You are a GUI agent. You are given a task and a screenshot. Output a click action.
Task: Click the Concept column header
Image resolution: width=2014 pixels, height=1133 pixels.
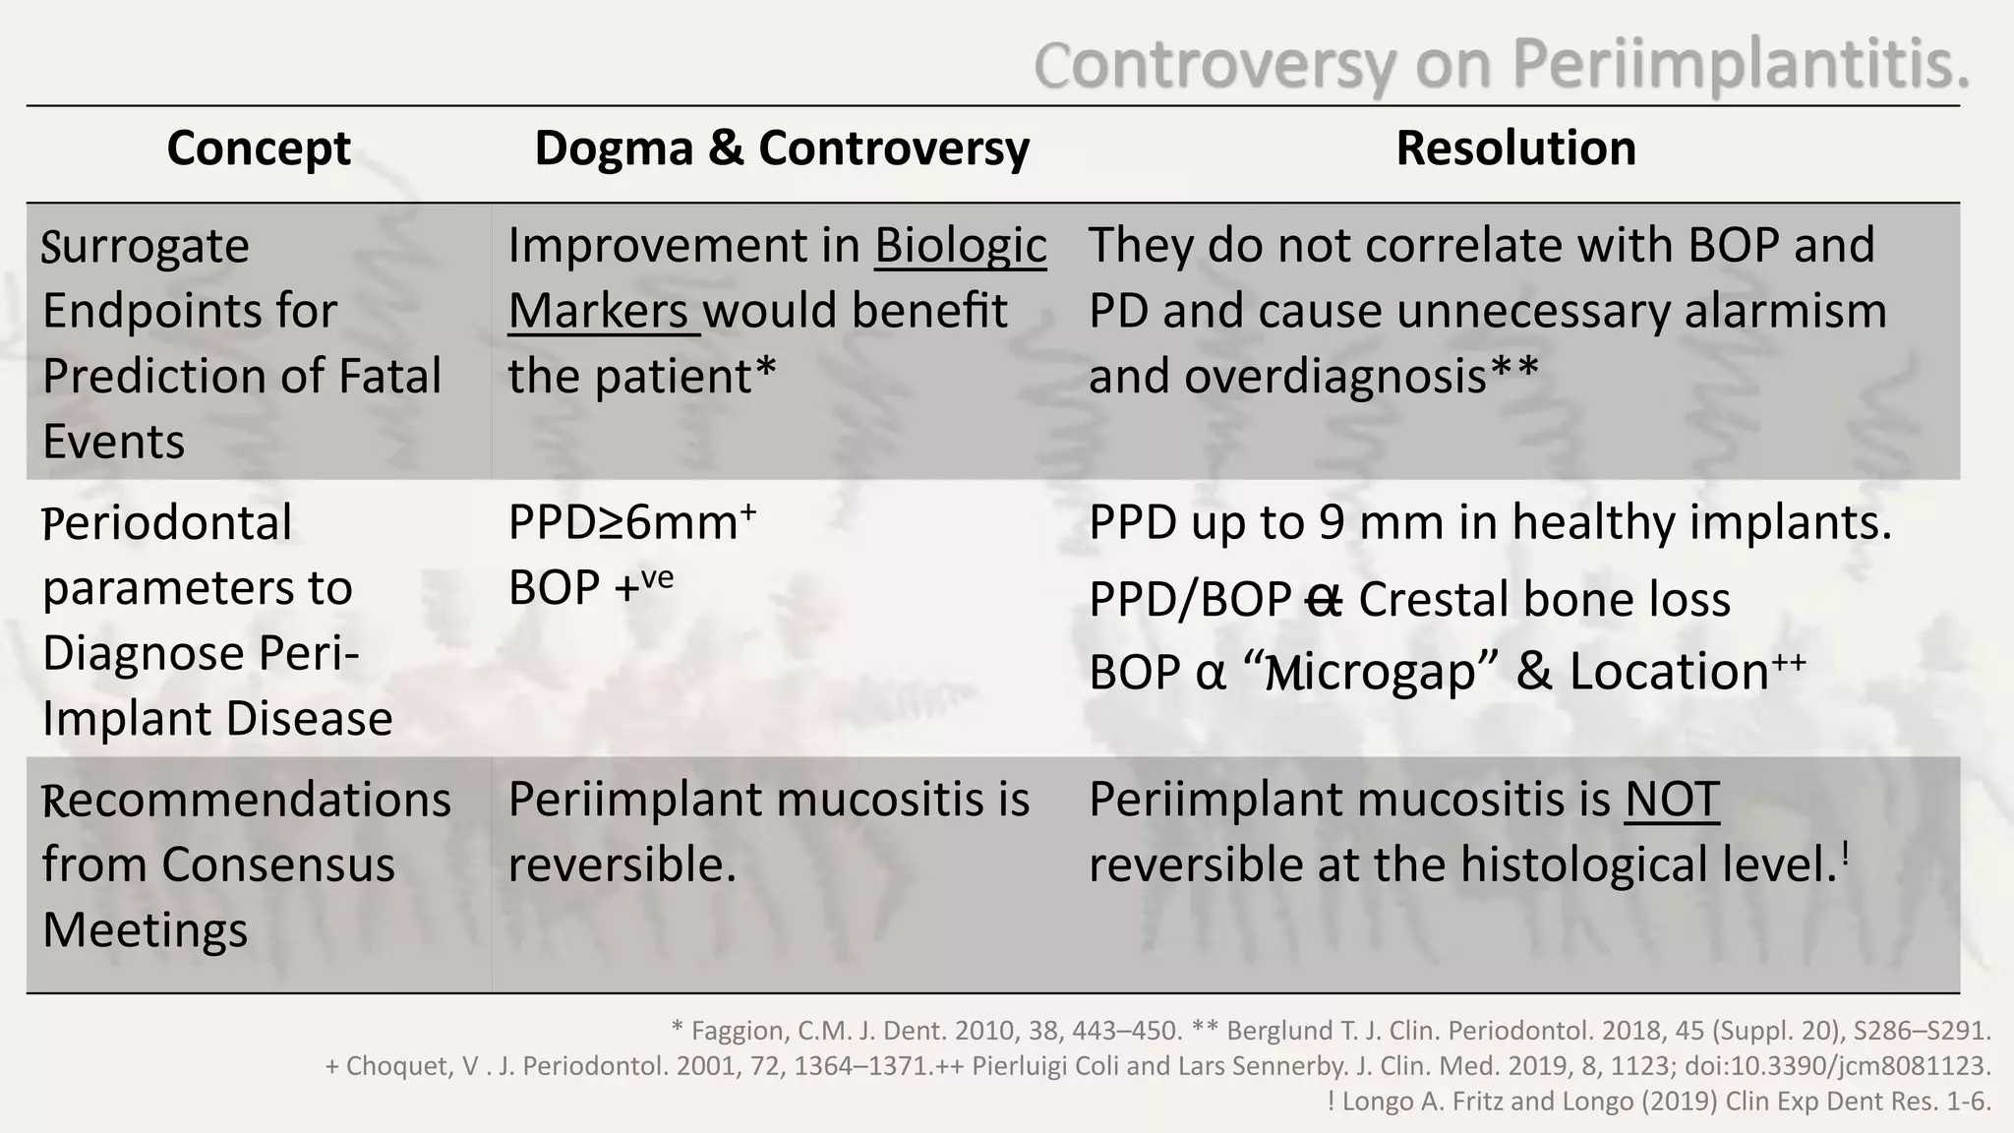259,149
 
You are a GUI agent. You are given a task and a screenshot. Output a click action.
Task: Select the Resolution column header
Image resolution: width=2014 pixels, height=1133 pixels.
1515,149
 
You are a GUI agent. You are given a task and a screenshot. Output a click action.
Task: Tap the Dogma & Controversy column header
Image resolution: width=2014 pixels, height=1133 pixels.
782,149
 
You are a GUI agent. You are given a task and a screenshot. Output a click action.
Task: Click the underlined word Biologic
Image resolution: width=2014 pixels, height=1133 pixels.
961,246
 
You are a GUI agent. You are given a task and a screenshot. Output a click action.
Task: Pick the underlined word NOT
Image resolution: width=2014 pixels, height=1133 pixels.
1671,800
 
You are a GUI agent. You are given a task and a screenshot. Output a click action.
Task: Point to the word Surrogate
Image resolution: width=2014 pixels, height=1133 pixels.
146,247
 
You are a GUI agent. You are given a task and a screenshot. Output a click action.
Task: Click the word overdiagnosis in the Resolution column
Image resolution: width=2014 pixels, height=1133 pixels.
1335,377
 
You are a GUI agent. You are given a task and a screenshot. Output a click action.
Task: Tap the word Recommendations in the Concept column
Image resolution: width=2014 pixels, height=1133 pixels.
247,801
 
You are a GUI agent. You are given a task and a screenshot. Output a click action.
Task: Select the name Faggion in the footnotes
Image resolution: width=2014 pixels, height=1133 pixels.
738,1032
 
